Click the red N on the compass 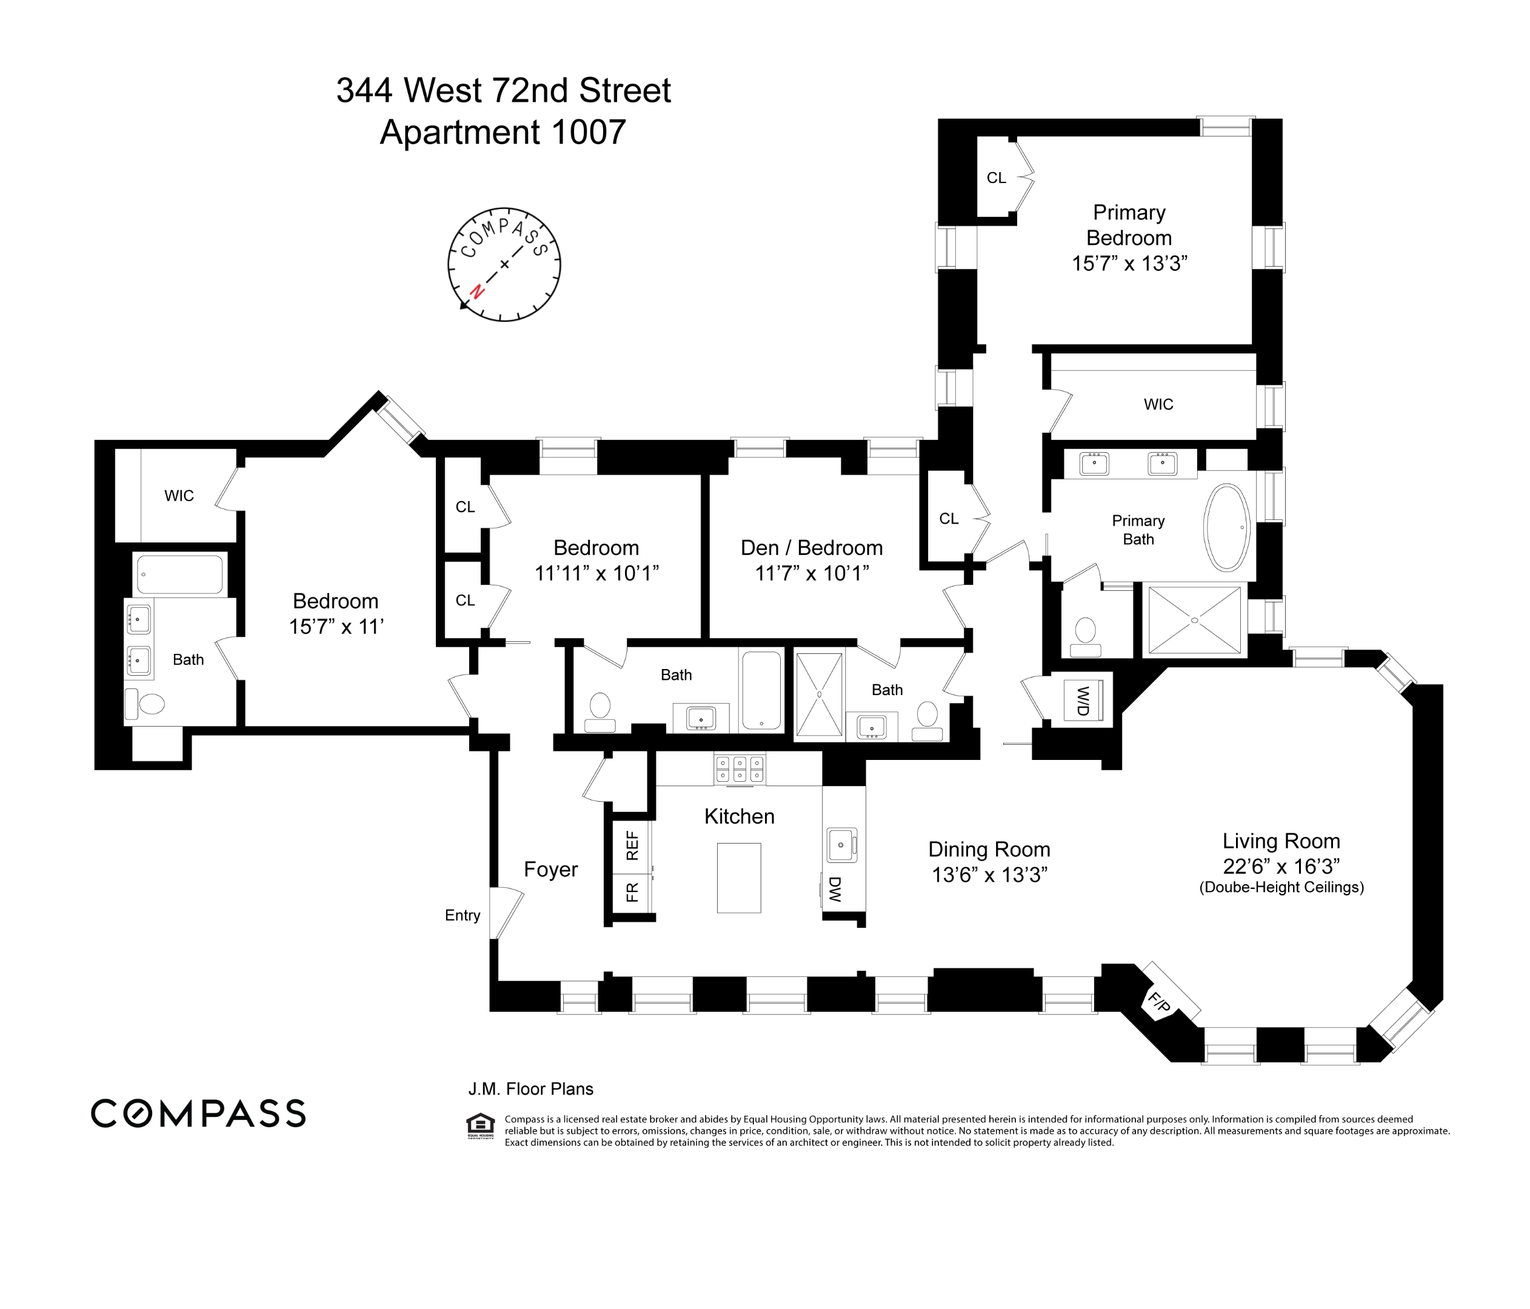click(x=477, y=291)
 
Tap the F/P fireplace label click(x=1158, y=1002)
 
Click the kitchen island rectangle click(x=738, y=878)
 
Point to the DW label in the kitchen click(x=835, y=890)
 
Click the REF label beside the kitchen click(x=632, y=845)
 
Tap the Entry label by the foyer click(x=463, y=916)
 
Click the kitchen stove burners click(x=739, y=768)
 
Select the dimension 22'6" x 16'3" click(x=1280, y=866)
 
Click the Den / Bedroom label click(x=812, y=548)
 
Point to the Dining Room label click(x=989, y=849)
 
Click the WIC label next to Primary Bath click(x=1158, y=405)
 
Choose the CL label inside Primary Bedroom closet click(x=996, y=178)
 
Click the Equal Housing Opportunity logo click(x=480, y=1125)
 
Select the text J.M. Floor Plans click(x=530, y=1089)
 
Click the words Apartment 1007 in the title click(x=503, y=133)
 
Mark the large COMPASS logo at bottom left click(x=198, y=1113)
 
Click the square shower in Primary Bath click(x=1194, y=620)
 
